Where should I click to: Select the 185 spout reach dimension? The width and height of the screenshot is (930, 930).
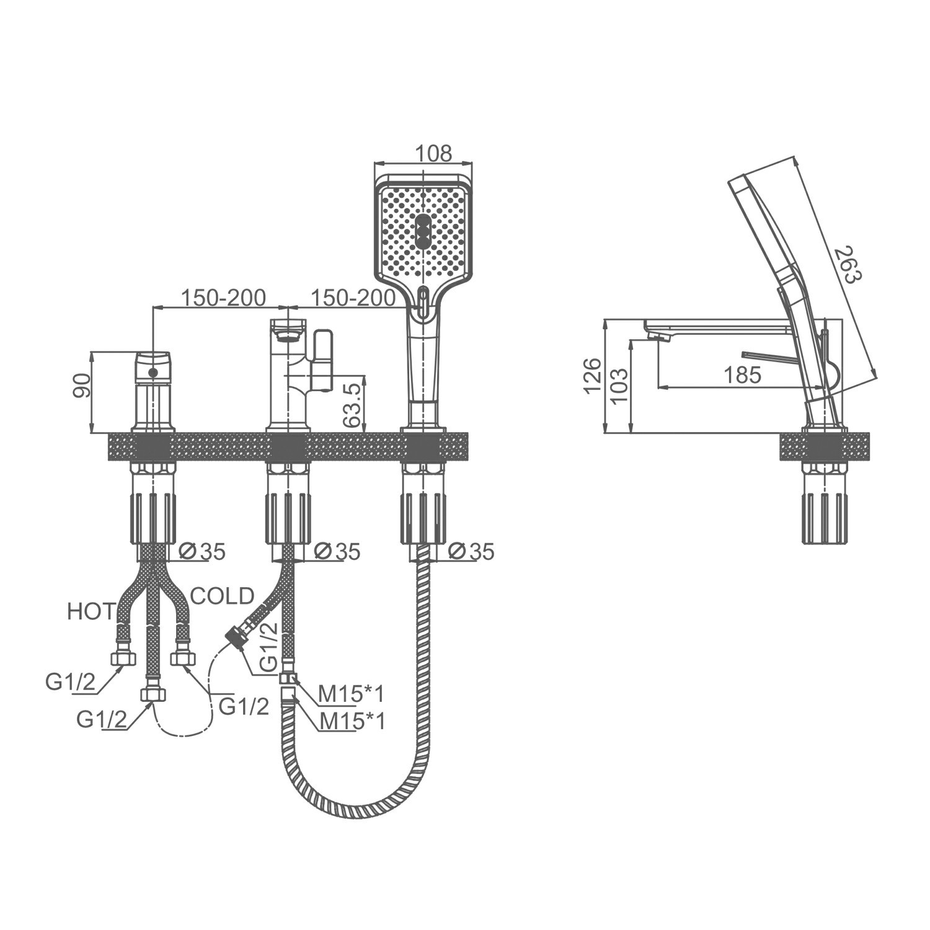[x=742, y=375]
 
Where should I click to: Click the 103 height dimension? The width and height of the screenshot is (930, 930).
[x=620, y=386]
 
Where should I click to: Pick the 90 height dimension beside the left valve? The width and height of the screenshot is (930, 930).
[x=83, y=386]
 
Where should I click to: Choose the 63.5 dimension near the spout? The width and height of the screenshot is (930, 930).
[x=352, y=404]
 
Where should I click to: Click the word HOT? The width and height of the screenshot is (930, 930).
[x=91, y=612]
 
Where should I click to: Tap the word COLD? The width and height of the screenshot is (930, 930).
[x=223, y=596]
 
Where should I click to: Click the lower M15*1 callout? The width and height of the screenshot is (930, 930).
[x=352, y=721]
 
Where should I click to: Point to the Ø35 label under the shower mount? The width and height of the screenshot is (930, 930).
[x=471, y=551]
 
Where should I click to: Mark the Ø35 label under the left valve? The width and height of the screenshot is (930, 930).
[x=201, y=551]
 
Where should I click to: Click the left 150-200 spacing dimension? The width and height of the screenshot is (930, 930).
[x=223, y=298]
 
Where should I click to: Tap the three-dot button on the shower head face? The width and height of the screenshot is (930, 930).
[x=422, y=232]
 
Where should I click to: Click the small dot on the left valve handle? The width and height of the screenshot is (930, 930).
[x=153, y=373]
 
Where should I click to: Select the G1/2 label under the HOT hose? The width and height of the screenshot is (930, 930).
[x=70, y=683]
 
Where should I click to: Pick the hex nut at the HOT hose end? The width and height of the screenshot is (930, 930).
[x=123, y=658]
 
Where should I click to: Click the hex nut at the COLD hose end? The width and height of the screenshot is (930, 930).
[x=183, y=658]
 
